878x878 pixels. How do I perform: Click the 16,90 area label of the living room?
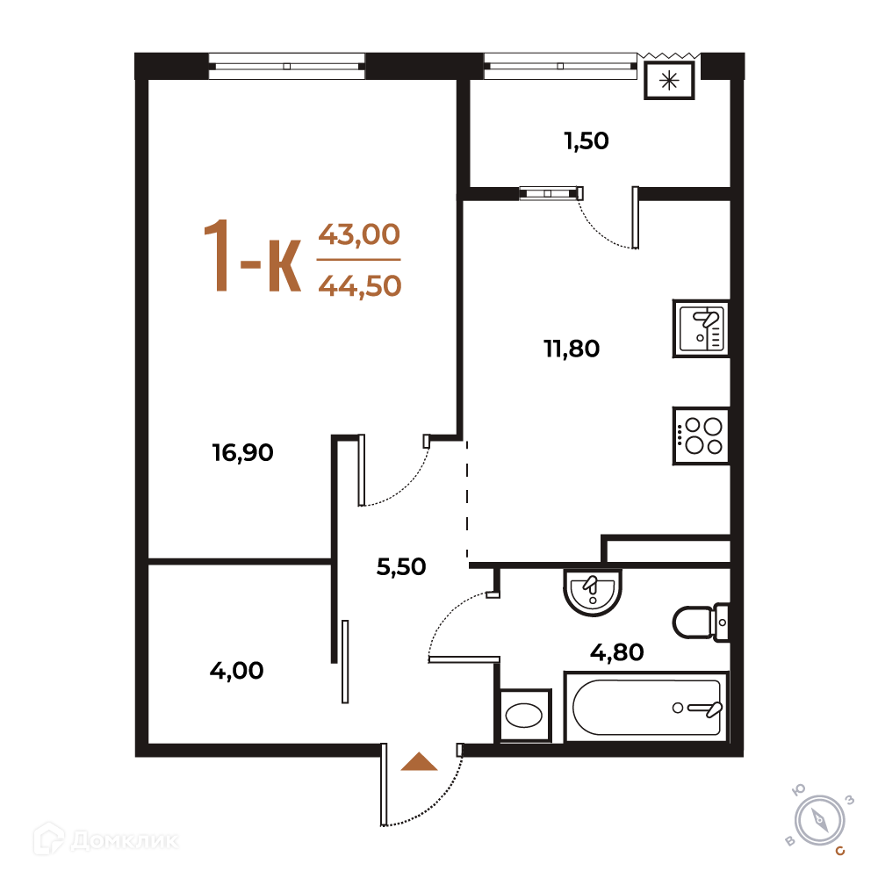pyautogui.click(x=242, y=452)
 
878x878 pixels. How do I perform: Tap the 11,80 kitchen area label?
pyautogui.click(x=572, y=349)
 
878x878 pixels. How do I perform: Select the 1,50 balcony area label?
pyautogui.click(x=587, y=140)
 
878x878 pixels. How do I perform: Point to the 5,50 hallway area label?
pyautogui.click(x=401, y=566)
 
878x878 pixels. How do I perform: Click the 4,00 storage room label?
pyautogui.click(x=236, y=670)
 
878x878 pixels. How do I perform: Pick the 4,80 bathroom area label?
pyautogui.click(x=617, y=652)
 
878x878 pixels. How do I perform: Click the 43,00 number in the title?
pyautogui.click(x=359, y=234)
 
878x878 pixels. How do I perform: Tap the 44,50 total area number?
pyautogui.click(x=360, y=285)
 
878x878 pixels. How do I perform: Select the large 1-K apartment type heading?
pyautogui.click(x=253, y=256)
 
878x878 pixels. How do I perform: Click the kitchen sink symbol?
pyautogui.click(x=701, y=328)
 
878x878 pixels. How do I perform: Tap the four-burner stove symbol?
pyautogui.click(x=701, y=435)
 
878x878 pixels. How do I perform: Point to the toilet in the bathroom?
pyautogui.click(x=701, y=623)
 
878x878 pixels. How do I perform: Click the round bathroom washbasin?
pyautogui.click(x=593, y=593)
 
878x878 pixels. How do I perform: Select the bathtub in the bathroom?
pyautogui.click(x=647, y=707)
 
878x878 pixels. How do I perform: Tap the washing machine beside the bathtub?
pyautogui.click(x=524, y=716)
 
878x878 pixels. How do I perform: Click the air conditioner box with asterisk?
pyautogui.click(x=669, y=81)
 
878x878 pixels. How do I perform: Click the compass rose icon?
pyautogui.click(x=820, y=821)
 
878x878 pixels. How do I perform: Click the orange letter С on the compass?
pyautogui.click(x=840, y=851)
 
